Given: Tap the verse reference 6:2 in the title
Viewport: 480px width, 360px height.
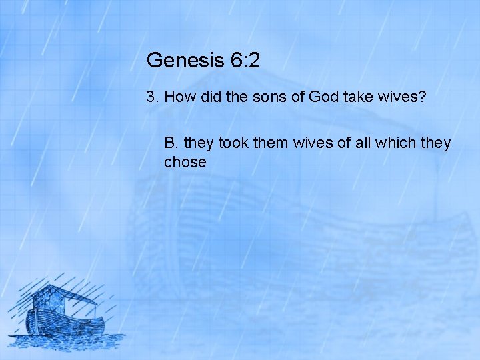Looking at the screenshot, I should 245,61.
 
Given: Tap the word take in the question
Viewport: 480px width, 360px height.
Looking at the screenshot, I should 360,97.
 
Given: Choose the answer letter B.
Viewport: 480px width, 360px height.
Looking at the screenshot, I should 171,143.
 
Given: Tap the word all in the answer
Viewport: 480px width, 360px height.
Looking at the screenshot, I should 354,143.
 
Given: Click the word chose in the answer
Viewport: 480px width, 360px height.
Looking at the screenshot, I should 185,162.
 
